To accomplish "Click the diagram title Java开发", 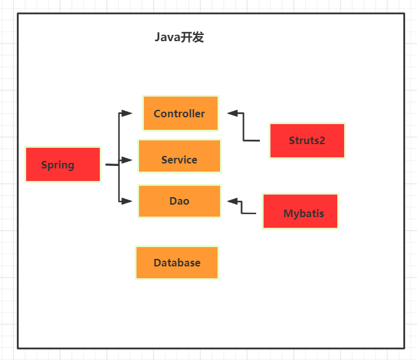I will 180,37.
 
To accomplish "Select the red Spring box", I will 63,165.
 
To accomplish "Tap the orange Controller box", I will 181,113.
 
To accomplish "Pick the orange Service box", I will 180,155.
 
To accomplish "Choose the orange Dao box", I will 180,202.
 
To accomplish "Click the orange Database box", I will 177,263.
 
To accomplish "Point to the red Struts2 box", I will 307,140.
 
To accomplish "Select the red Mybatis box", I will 300,212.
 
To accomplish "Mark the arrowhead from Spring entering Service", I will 127,160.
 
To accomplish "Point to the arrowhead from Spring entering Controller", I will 127,113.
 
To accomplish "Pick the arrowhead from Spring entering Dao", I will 127,201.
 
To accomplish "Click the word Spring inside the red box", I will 57,165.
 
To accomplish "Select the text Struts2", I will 307,140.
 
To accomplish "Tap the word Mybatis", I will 304,213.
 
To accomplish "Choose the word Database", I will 177,263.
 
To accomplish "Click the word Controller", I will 180,114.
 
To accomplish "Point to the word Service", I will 179,160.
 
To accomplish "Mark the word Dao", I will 179,201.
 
